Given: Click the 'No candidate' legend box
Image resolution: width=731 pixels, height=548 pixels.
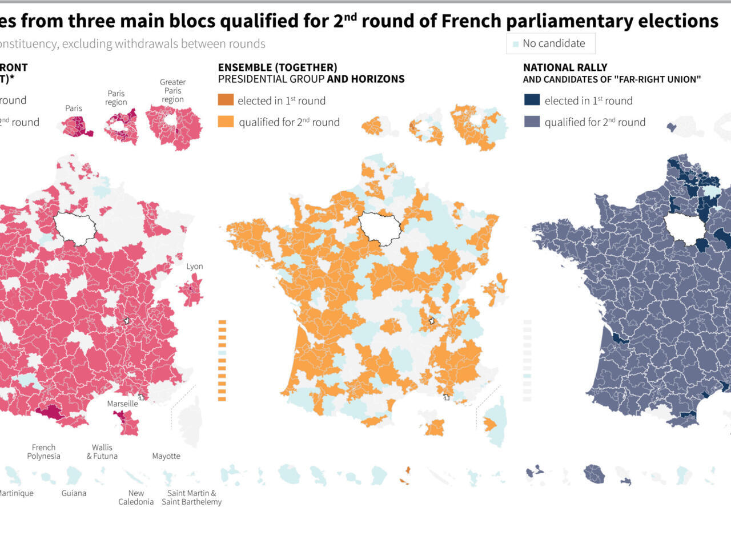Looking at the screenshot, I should pos(551,43).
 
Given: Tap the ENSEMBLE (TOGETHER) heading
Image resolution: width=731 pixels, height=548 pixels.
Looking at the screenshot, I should pos(278,67).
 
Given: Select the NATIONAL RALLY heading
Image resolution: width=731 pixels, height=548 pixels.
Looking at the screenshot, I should pos(565,67).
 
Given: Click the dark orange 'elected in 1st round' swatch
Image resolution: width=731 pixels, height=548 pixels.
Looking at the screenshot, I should pos(226,100).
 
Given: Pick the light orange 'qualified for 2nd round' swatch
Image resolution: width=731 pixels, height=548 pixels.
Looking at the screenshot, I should pos(226,122).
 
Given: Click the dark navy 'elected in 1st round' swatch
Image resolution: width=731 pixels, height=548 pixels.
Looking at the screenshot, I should pos(532,100).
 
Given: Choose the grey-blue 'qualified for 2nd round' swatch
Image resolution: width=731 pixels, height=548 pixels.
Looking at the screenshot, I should pos(532,122).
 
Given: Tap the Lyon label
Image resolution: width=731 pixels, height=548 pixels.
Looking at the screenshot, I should pos(194,267).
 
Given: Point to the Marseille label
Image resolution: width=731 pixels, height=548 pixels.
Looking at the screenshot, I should pos(122,404).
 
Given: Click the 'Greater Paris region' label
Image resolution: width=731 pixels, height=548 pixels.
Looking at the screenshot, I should pos(172,91).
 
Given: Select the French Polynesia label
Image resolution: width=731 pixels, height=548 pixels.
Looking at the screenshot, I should pos(43,452).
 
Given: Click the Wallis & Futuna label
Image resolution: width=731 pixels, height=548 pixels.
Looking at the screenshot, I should pos(102,452).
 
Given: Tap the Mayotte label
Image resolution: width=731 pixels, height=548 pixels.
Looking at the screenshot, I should pos(166,456).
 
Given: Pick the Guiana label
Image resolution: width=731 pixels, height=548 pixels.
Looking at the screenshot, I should pos(74,493).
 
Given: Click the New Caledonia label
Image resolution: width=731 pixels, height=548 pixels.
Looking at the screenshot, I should pos(136,497).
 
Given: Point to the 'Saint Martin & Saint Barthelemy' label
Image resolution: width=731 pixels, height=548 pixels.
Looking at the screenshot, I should pos(191,497).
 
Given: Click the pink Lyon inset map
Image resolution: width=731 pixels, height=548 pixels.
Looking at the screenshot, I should pos(191,289).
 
